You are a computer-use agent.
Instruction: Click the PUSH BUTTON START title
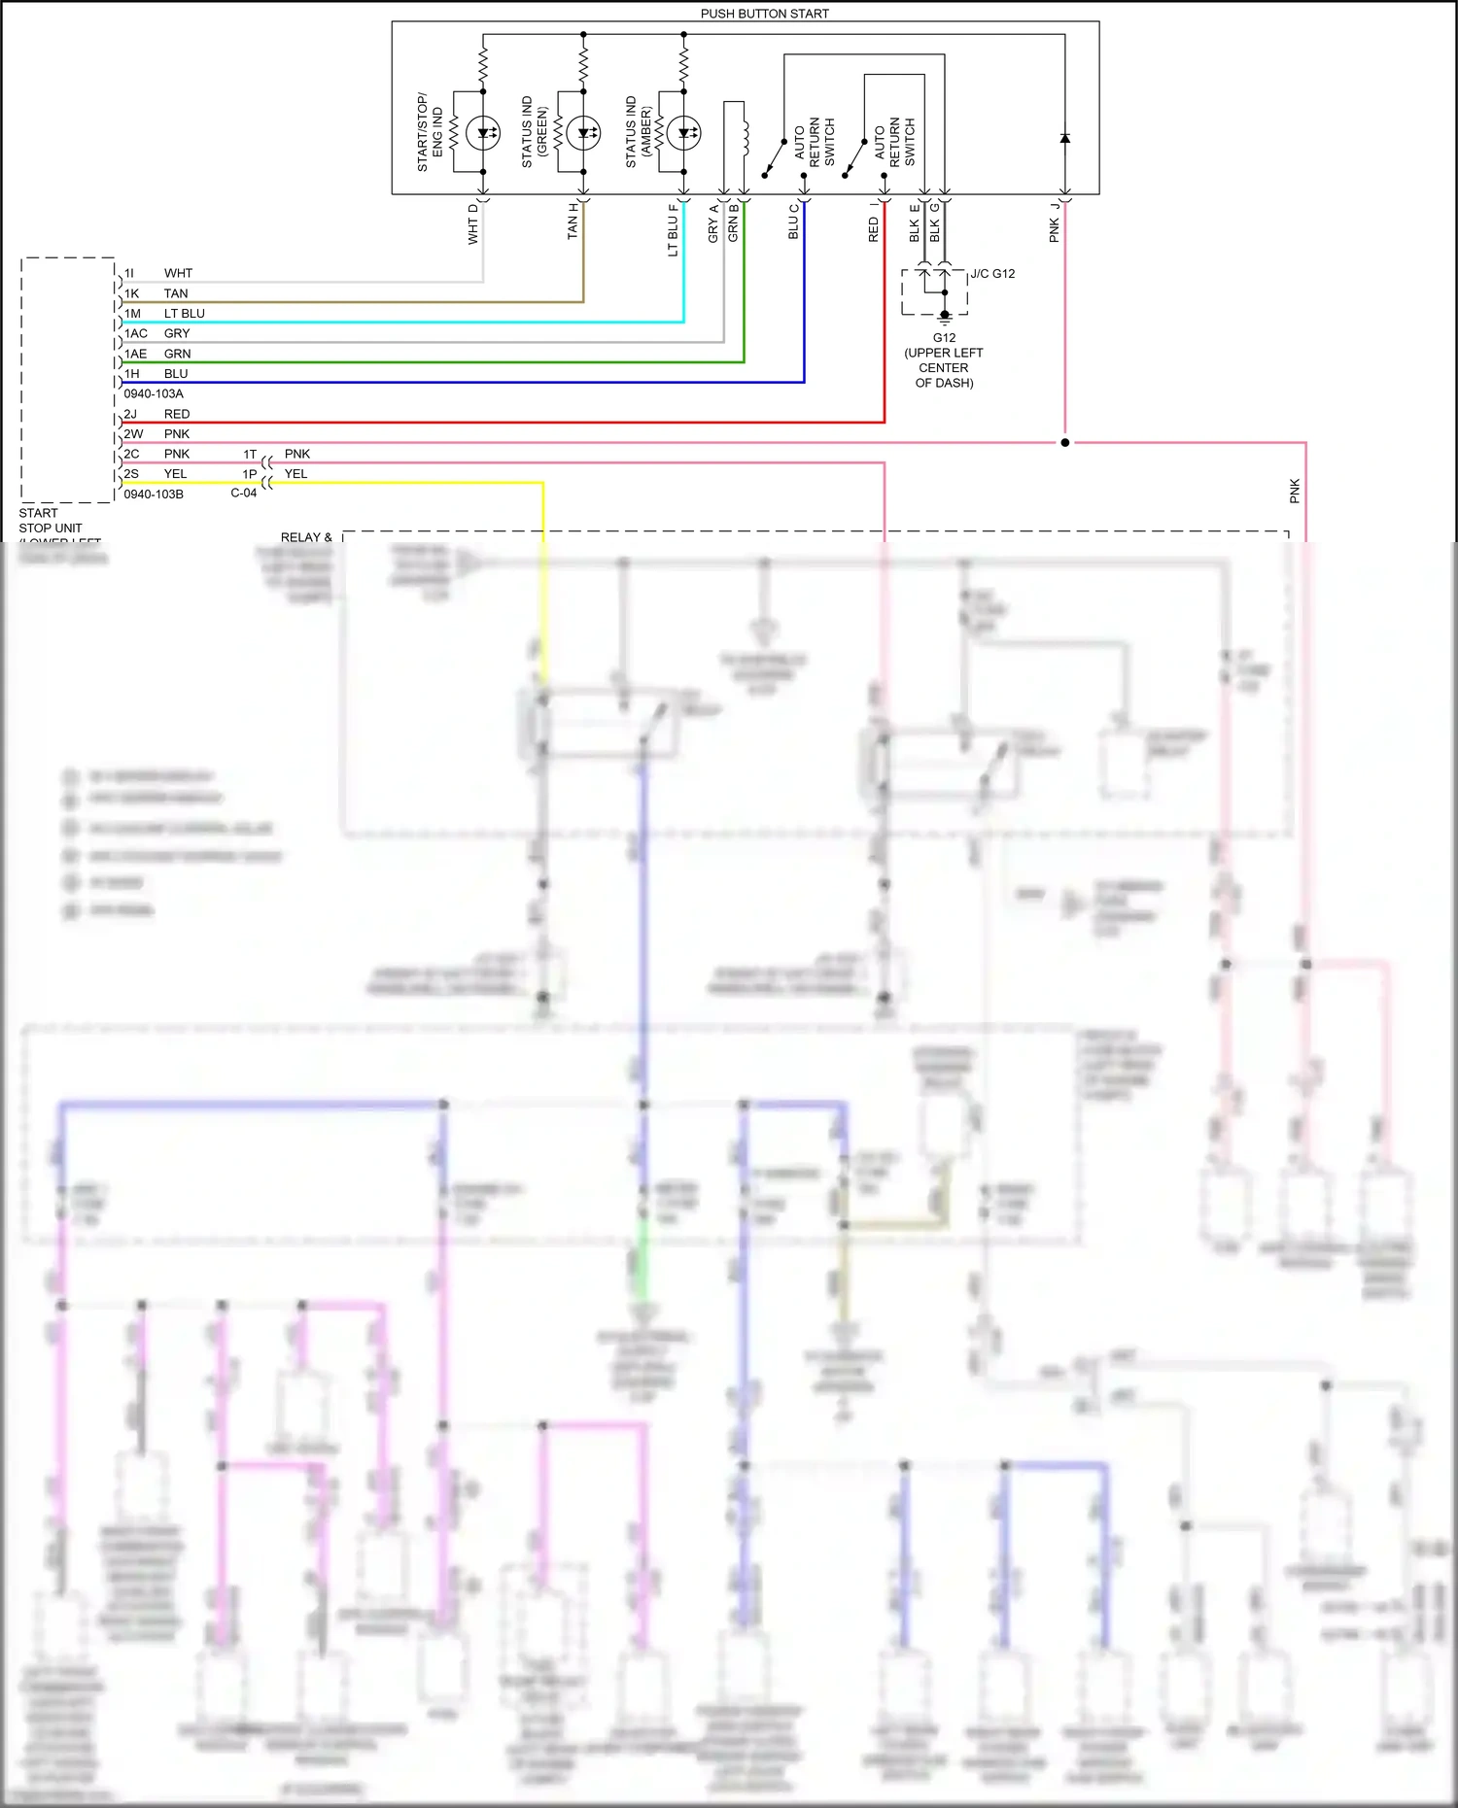764,14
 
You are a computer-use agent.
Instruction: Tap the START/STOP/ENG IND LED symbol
483,133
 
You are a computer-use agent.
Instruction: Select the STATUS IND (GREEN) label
535,131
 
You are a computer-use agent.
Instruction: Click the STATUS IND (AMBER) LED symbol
683,133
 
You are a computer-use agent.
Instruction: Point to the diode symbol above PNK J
1064,138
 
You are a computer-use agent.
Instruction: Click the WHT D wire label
473,223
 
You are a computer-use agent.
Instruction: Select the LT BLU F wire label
673,230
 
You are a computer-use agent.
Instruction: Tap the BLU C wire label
793,221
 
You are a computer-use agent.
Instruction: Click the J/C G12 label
992,274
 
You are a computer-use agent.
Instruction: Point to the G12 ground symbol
944,317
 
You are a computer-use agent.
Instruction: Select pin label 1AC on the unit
135,333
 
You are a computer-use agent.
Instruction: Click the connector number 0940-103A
154,393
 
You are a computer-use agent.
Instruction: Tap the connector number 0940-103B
154,494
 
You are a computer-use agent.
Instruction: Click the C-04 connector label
243,493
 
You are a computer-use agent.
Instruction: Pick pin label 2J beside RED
130,414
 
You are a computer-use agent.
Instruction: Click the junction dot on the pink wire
1064,442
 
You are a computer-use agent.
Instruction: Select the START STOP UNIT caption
51,521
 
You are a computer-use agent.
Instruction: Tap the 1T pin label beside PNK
250,454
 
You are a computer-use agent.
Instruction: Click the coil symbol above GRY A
745,136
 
